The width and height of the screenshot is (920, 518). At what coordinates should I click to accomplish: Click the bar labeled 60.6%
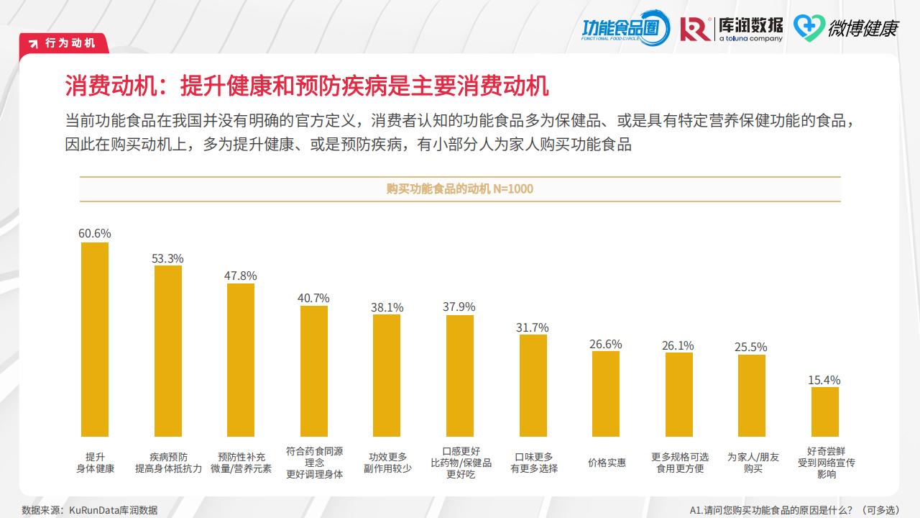pyautogui.click(x=95, y=340)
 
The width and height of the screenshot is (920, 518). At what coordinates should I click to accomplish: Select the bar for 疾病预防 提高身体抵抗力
pyautogui.click(x=168, y=351)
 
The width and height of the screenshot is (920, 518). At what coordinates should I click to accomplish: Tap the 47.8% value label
pyautogui.click(x=240, y=276)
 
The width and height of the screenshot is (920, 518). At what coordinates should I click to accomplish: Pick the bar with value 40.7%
pyautogui.click(x=314, y=371)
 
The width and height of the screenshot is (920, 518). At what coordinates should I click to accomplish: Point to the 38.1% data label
pyautogui.click(x=387, y=307)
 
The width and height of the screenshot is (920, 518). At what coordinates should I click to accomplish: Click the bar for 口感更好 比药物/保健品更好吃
pyautogui.click(x=460, y=376)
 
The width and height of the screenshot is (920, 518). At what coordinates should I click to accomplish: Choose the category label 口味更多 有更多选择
pyautogui.click(x=534, y=463)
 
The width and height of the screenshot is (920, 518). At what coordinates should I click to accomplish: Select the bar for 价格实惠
pyautogui.click(x=606, y=394)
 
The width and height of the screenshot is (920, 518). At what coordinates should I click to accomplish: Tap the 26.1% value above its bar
pyautogui.click(x=678, y=346)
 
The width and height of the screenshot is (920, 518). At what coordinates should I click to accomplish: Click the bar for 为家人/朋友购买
pyautogui.click(x=752, y=396)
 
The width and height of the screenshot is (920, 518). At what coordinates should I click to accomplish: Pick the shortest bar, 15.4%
pyautogui.click(x=825, y=412)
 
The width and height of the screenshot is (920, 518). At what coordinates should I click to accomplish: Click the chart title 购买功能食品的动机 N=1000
pyautogui.click(x=460, y=189)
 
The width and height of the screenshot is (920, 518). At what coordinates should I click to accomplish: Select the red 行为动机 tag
pyautogui.click(x=65, y=43)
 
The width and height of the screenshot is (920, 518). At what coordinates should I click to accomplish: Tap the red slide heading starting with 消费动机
pyautogui.click(x=307, y=86)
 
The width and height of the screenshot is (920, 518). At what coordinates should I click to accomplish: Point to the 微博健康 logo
pyautogui.click(x=846, y=28)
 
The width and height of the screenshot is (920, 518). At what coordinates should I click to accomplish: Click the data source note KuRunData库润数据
pyautogui.click(x=90, y=510)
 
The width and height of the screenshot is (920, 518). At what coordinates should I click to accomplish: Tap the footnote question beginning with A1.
pyautogui.click(x=794, y=510)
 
